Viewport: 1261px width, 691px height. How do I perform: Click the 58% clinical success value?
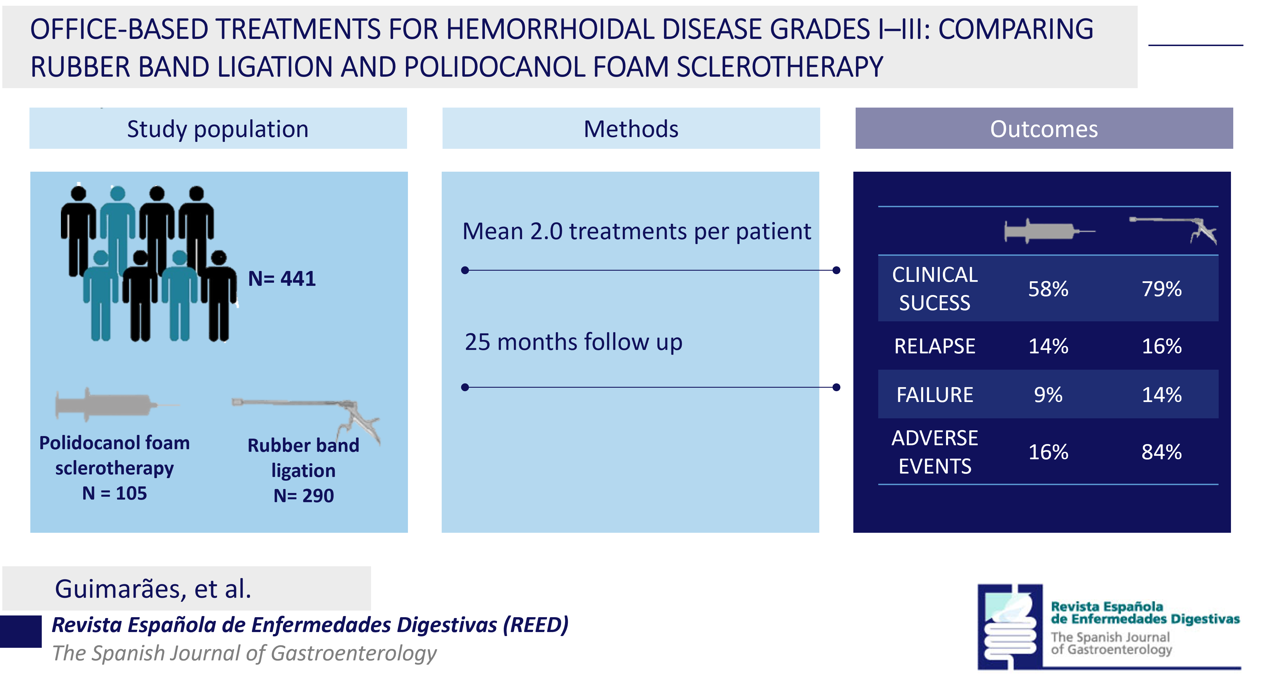(x=1048, y=289)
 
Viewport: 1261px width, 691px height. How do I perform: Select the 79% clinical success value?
(x=1162, y=289)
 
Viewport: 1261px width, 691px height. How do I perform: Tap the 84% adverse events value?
(x=1162, y=452)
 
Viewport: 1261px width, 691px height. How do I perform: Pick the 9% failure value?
(x=1048, y=395)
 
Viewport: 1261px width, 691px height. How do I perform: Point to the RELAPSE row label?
(x=935, y=346)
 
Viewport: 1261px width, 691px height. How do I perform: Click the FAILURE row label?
(x=935, y=395)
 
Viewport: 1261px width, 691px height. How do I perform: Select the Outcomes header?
(x=1044, y=129)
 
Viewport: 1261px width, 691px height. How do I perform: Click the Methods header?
(x=631, y=129)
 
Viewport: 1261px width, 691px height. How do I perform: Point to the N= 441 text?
(x=282, y=279)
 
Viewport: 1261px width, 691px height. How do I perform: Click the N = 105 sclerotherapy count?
(x=114, y=493)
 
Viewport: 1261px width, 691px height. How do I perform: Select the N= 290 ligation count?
(x=304, y=496)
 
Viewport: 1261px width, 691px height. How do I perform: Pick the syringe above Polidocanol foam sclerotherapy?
(x=116, y=405)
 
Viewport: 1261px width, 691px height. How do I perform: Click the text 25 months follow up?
(x=573, y=342)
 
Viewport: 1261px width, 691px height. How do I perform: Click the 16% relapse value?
(x=1162, y=346)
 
